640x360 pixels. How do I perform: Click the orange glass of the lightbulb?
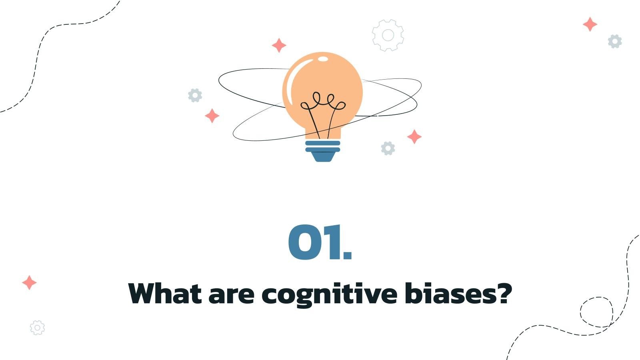(340, 80)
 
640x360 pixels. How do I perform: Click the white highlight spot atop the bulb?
(323, 59)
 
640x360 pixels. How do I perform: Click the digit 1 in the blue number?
(334, 242)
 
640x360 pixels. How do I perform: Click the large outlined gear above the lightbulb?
(388, 35)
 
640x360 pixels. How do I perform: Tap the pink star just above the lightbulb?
(279, 45)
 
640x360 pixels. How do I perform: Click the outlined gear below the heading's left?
(37, 328)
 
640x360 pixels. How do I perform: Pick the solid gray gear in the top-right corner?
(615, 41)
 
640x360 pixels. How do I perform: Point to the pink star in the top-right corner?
(590, 24)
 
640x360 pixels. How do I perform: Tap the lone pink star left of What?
(29, 282)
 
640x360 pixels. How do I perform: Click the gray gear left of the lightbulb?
(195, 95)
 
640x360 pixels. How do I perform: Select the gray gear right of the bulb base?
(388, 148)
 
